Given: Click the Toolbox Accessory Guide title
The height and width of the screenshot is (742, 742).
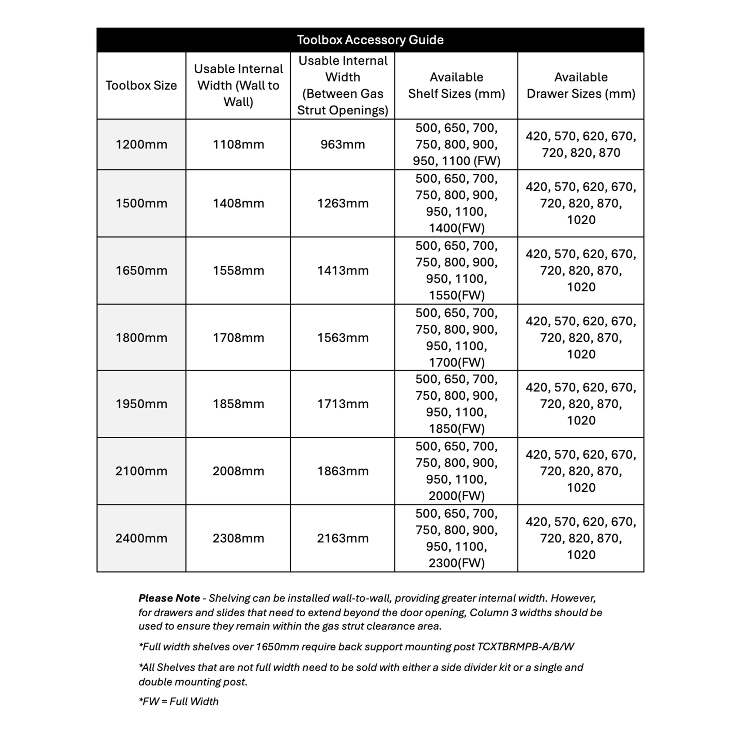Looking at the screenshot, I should click(x=370, y=40).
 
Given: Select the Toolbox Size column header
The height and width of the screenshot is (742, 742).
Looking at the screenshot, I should click(x=141, y=85).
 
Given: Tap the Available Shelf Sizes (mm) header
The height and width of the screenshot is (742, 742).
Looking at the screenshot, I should click(x=456, y=85).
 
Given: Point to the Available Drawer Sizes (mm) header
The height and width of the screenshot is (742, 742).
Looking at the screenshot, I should click(x=581, y=85).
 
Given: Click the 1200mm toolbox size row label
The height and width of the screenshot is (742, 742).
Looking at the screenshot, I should click(x=141, y=144).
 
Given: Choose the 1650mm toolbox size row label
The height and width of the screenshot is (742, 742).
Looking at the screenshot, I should click(x=141, y=270).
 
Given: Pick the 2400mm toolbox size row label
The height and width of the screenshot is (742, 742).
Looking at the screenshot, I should click(x=141, y=538).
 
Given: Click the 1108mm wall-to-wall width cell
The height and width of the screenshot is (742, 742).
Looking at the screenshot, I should click(x=238, y=144).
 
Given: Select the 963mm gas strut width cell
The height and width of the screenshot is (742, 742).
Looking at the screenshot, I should click(x=343, y=144).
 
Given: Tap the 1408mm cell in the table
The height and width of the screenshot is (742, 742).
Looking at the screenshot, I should click(x=238, y=203).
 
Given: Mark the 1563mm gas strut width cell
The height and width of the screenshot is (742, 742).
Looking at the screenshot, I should click(x=343, y=338).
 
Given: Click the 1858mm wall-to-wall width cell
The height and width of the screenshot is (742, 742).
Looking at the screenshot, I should click(x=238, y=404).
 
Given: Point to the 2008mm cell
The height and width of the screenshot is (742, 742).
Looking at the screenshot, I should click(x=238, y=471).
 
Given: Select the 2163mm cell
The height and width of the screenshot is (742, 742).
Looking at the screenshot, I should click(x=343, y=538).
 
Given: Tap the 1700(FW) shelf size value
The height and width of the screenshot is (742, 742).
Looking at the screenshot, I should click(x=457, y=362).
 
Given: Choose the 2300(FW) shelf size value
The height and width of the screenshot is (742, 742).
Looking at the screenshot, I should click(x=457, y=563).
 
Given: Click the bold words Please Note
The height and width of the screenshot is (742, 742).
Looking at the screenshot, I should click(x=169, y=598).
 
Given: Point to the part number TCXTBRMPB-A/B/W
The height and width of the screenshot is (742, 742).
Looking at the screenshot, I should click(x=525, y=647).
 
